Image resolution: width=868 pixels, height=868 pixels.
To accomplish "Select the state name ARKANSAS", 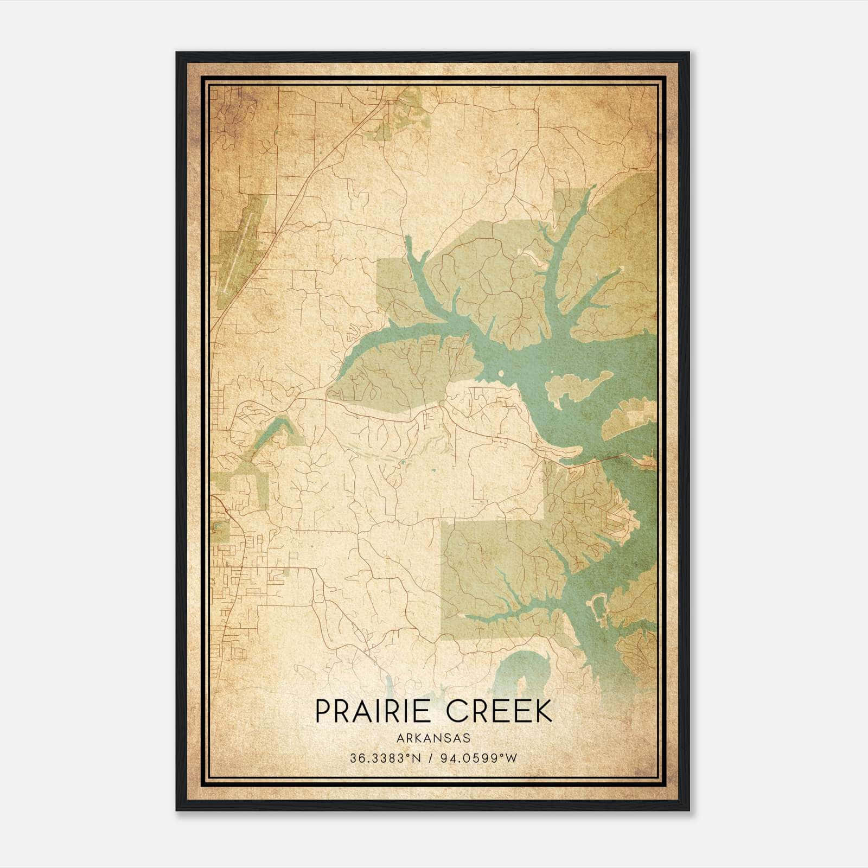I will pyautogui.click(x=433, y=738).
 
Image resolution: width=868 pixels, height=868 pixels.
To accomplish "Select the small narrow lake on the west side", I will pyautogui.click(x=273, y=431).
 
